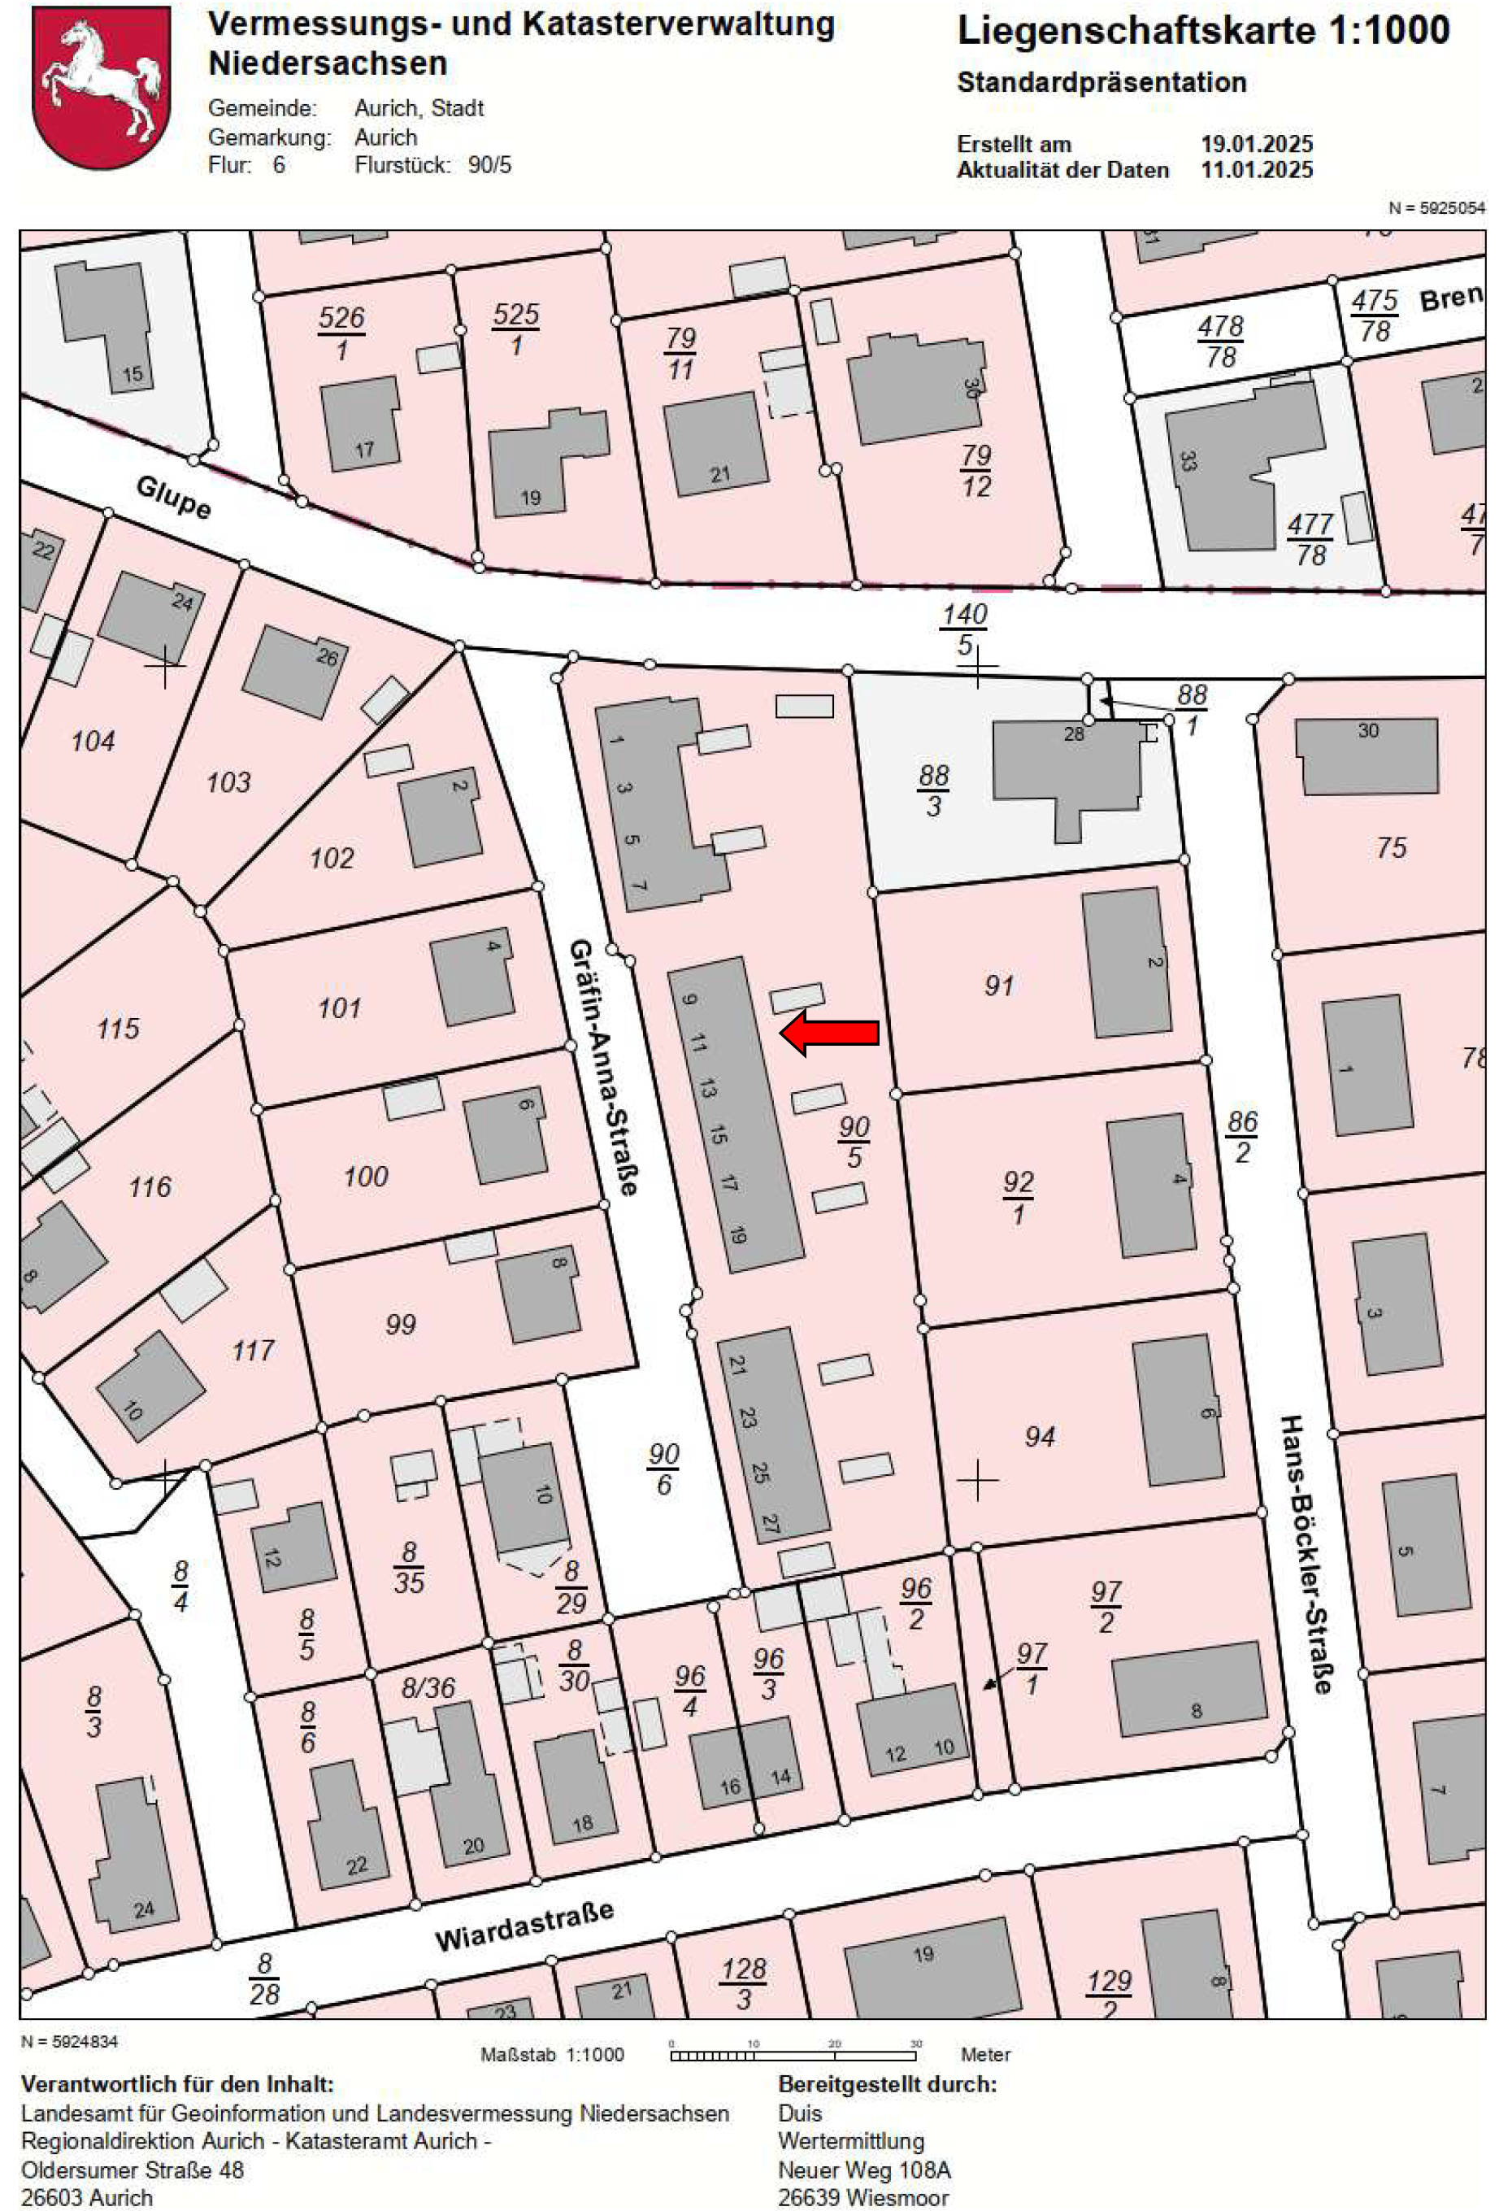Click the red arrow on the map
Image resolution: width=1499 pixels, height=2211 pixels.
(828, 1032)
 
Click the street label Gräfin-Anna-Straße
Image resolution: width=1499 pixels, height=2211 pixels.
(603, 1067)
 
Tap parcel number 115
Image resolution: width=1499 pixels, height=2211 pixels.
(118, 1029)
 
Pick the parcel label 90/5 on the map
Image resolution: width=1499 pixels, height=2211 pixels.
(854, 1142)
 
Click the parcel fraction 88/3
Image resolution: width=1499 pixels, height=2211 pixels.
(933, 790)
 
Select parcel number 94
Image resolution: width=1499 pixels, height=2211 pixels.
(1040, 1437)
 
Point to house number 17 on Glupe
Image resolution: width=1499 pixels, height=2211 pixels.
(364, 450)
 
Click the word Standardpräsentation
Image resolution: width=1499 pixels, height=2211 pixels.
(1101, 83)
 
